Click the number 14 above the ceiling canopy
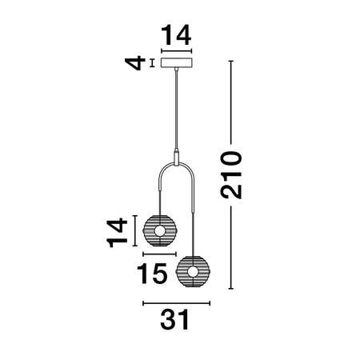176,36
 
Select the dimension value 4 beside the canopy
140,62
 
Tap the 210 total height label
230,174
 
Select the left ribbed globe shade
158,232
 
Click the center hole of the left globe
158,232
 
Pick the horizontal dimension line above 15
158,253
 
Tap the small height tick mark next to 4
152,62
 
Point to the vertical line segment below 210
231,248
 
